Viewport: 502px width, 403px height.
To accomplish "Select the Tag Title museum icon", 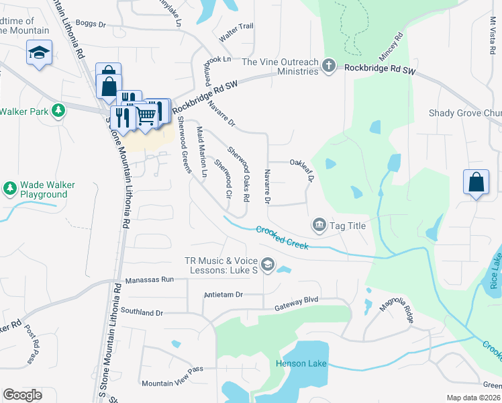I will (319, 224).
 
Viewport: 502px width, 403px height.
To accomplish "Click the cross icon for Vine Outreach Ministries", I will (328, 65).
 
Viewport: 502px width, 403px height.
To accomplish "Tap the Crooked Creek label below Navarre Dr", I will (283, 238).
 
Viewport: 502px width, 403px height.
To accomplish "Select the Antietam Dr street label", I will (223, 294).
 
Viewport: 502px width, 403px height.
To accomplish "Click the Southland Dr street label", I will (142, 312).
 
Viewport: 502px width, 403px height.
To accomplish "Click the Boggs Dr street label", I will (91, 24).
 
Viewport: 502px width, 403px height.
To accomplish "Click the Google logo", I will (23, 394).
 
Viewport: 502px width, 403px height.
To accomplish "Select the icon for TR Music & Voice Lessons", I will (268, 265).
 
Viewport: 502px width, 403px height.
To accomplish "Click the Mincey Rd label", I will (391, 48).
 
